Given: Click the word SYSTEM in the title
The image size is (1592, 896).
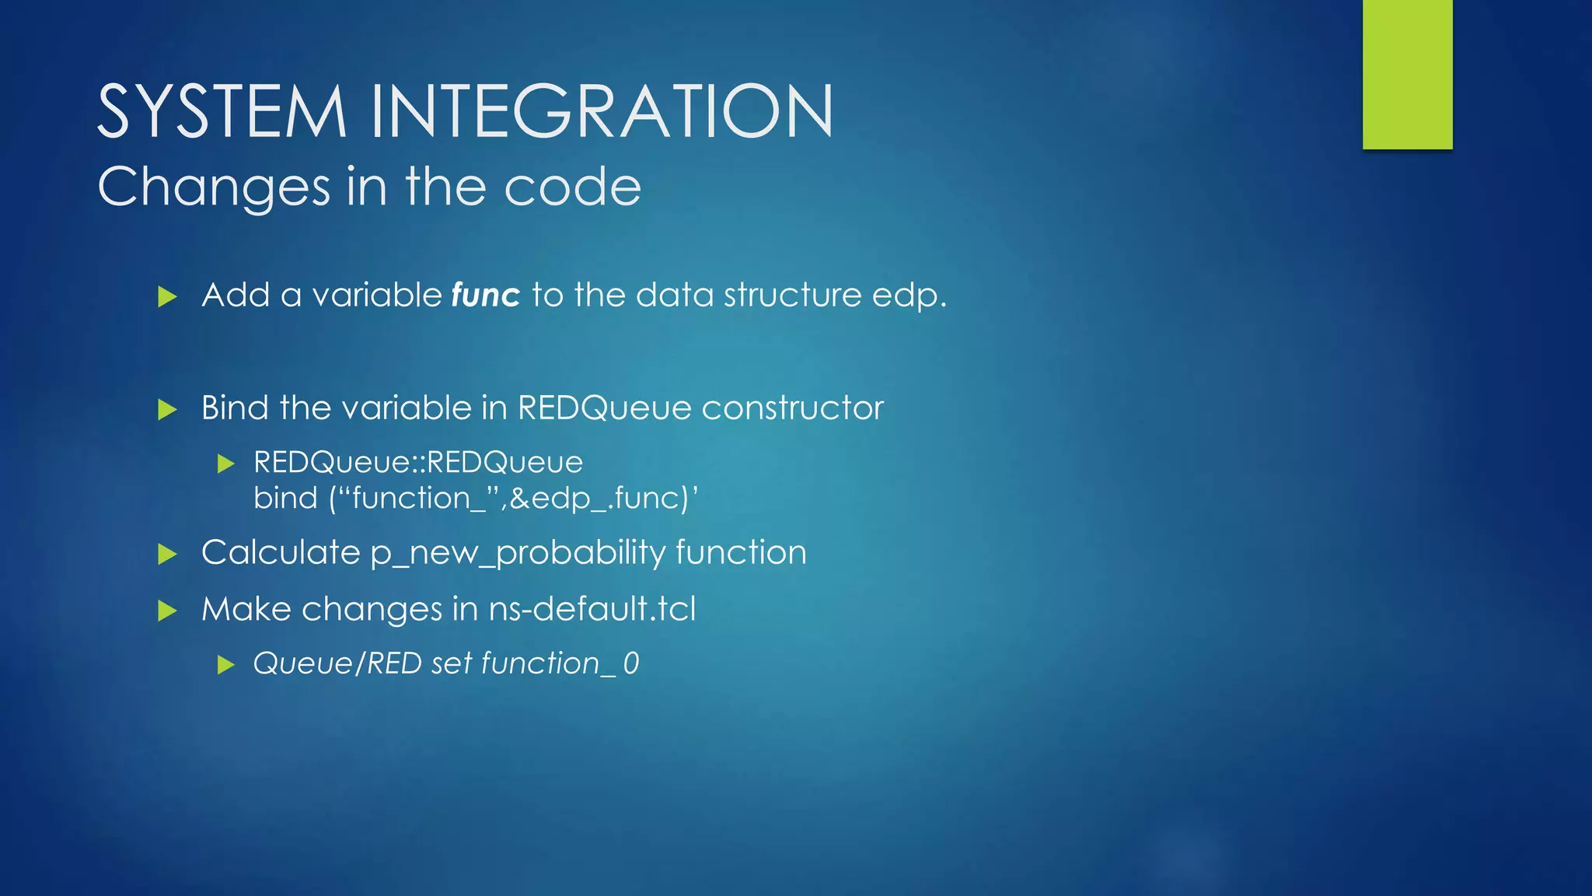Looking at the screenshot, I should click(222, 113).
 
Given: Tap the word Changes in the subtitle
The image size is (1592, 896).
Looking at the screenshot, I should click(215, 187).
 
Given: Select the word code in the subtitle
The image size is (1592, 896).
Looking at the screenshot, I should click(573, 187).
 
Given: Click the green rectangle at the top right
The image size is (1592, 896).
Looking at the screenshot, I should click(1407, 74).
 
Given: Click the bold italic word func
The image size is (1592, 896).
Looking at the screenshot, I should click(485, 296).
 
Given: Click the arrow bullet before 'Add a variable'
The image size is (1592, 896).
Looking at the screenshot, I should click(167, 296).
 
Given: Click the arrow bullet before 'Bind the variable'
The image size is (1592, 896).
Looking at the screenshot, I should click(167, 409).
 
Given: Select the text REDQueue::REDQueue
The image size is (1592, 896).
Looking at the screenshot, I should click(418, 463).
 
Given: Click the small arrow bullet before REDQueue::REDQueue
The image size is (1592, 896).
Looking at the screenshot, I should click(225, 464).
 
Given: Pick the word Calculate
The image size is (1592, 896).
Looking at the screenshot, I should click(281, 553).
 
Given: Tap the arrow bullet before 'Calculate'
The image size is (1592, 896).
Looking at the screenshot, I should click(167, 554).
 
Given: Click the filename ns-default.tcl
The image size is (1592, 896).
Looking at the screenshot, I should click(592, 609).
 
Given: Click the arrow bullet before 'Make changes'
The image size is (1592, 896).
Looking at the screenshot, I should click(167, 611).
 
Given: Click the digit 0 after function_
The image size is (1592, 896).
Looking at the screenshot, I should click(630, 664).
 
